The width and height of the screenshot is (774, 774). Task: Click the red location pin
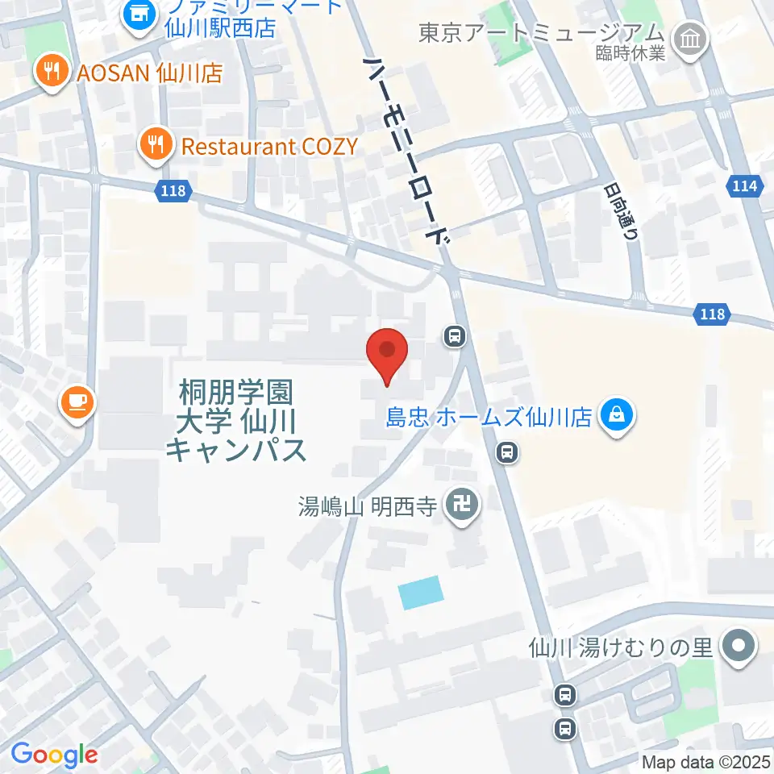[387, 355]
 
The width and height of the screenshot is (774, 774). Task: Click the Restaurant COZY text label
[269, 146]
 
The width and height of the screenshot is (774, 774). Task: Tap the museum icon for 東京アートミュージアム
[691, 36]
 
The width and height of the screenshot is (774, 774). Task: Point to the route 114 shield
[745, 186]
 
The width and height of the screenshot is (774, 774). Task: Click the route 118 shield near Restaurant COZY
[171, 191]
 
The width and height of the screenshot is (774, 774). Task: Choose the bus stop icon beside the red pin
[455, 335]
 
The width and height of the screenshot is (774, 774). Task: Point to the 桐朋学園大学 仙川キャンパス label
[235, 421]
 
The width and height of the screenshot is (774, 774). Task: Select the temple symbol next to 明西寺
[464, 506]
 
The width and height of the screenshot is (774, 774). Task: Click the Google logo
[54, 755]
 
